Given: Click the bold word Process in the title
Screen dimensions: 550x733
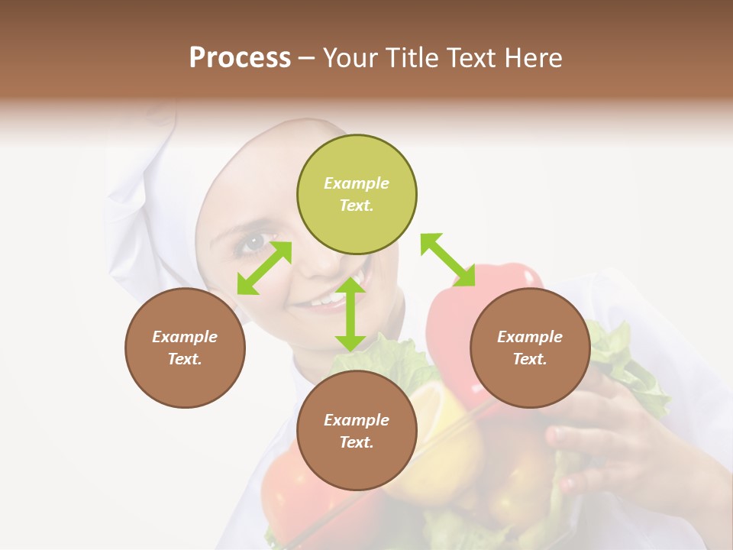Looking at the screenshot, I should click(240, 58).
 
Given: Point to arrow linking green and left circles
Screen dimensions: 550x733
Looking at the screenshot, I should click(264, 268).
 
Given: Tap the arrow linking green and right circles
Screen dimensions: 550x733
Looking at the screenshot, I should click(447, 260).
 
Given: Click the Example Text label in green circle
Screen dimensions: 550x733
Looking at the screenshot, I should click(357, 194).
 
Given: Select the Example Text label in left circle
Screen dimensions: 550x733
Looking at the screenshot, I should click(185, 348).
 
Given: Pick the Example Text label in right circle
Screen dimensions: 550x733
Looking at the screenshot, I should click(530, 348).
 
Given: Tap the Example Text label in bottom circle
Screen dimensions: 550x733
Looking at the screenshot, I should click(357, 431).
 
